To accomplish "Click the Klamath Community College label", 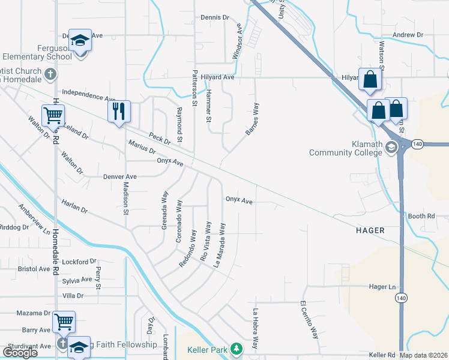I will (345, 148).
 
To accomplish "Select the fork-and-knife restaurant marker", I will (118, 111).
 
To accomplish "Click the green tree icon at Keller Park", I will (237, 348).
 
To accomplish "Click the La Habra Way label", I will (256, 329).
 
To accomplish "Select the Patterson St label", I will (194, 87).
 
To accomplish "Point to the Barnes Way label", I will (252, 119).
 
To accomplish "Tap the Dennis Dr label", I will (215, 18).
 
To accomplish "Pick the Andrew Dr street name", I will (408, 35).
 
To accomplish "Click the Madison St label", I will (126, 197).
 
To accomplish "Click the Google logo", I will (20, 353).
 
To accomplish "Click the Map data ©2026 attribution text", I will (423, 355).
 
